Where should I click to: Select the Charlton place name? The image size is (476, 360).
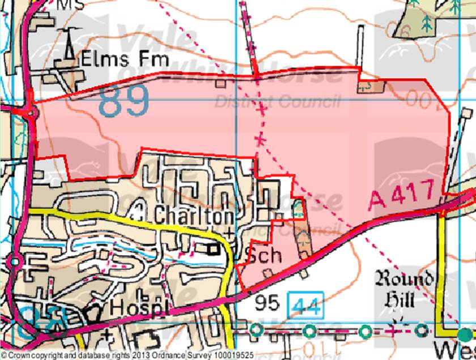[193, 215]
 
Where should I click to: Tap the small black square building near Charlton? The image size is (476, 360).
[214, 248]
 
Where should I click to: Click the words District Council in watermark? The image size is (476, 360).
[278, 102]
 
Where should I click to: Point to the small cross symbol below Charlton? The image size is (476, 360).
[228, 232]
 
